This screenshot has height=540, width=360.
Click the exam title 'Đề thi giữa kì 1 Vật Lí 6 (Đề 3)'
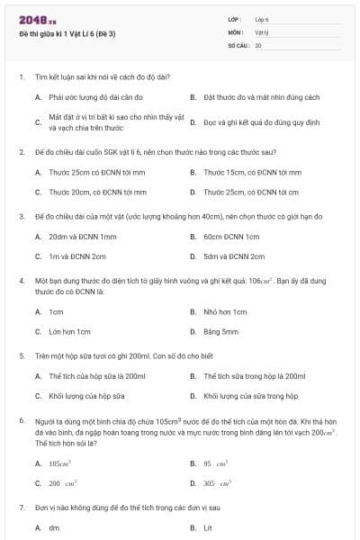click(x=67, y=33)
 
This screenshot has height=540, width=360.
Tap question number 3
click(x=21, y=217)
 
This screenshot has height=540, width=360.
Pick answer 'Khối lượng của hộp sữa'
click(x=86, y=396)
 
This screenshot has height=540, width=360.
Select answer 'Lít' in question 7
click(x=208, y=527)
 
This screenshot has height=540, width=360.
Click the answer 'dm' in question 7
click(x=54, y=527)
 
